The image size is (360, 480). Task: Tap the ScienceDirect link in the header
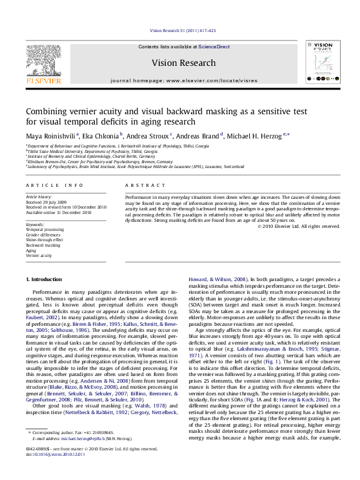point(215,47)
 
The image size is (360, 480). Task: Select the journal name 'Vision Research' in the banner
point(183,63)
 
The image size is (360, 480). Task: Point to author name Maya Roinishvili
point(50,135)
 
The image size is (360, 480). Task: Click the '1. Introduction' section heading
point(45,279)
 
